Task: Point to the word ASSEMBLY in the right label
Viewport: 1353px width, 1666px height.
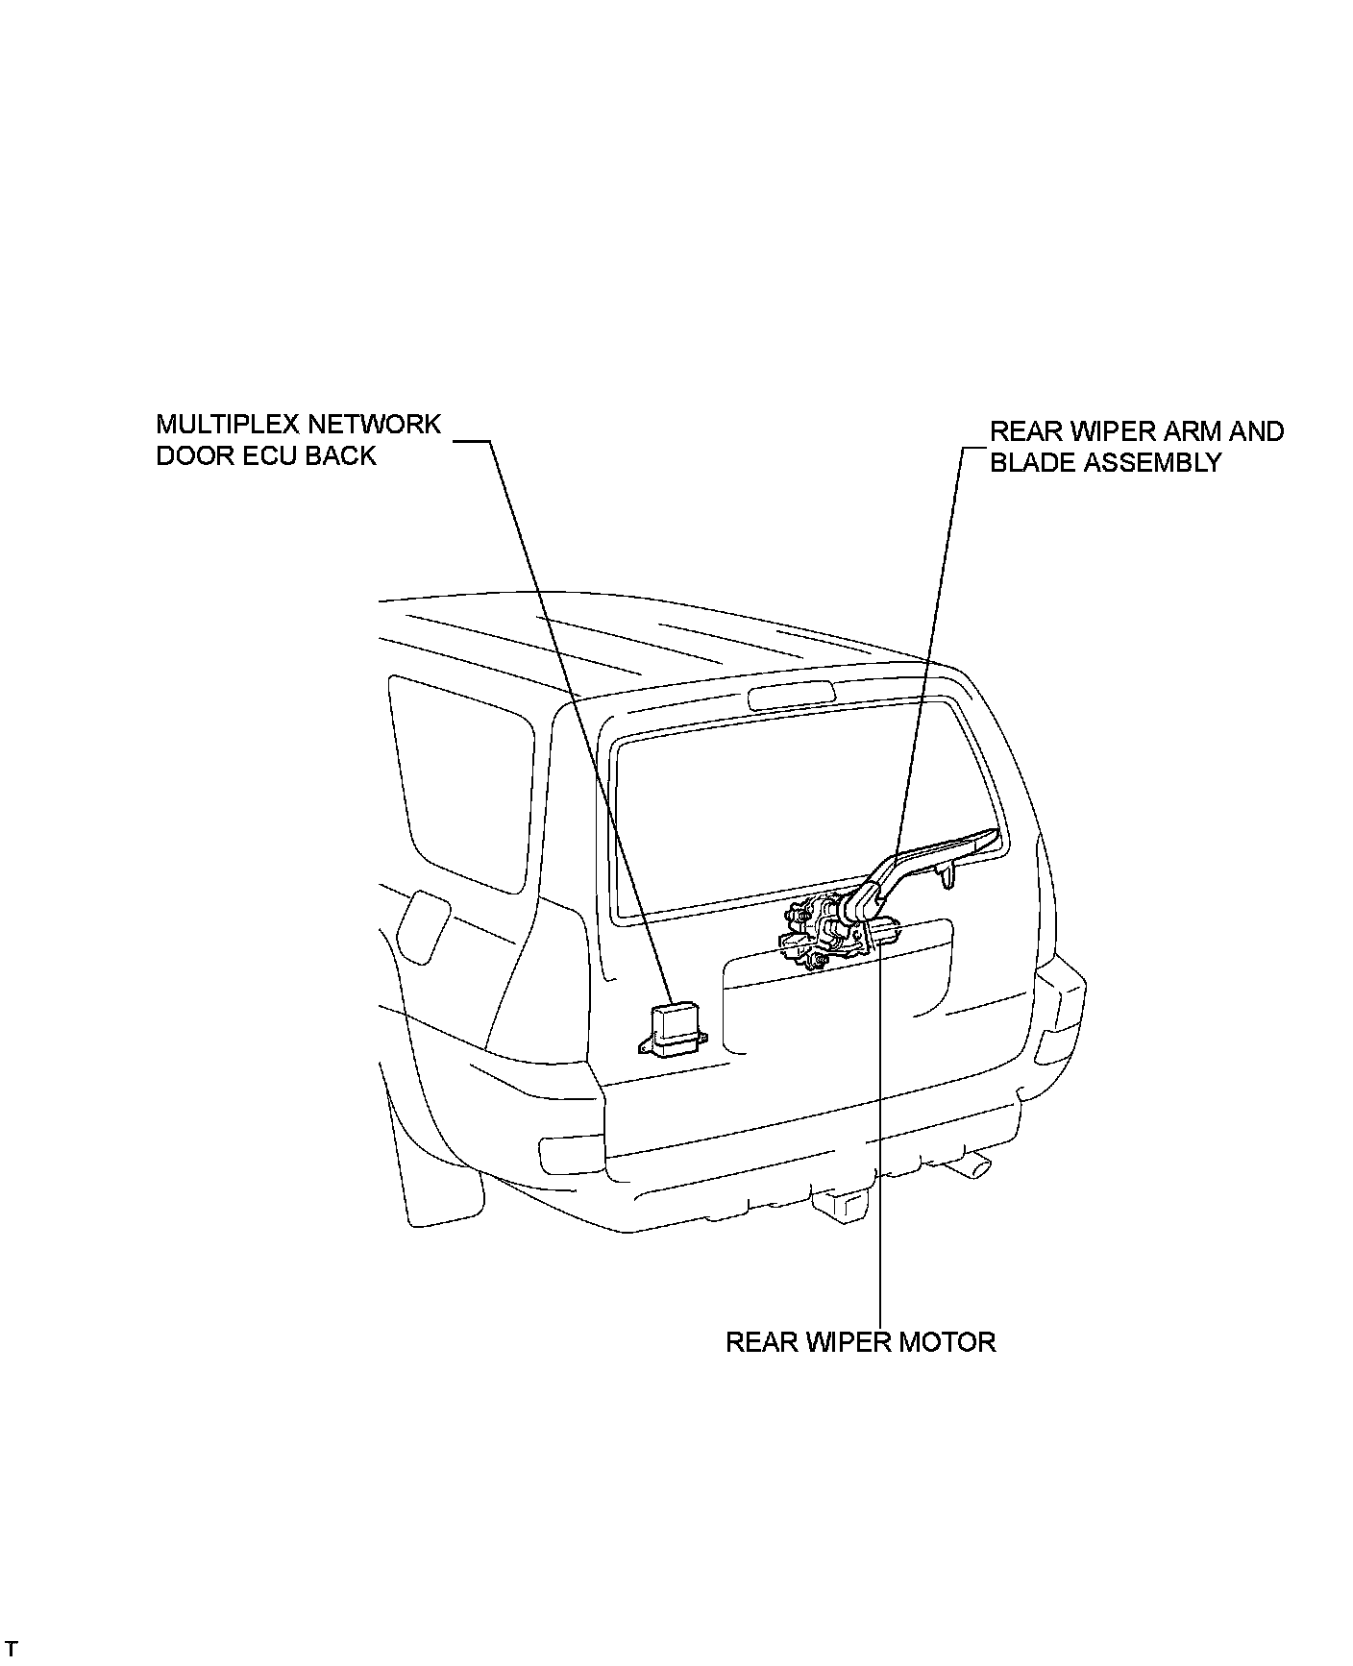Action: tap(1153, 463)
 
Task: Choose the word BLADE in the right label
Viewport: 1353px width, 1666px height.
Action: tap(1033, 463)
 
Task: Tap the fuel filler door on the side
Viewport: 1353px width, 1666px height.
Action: tap(422, 925)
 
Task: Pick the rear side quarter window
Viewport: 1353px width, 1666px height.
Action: tap(461, 778)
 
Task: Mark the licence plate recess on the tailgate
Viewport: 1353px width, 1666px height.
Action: tap(836, 999)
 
